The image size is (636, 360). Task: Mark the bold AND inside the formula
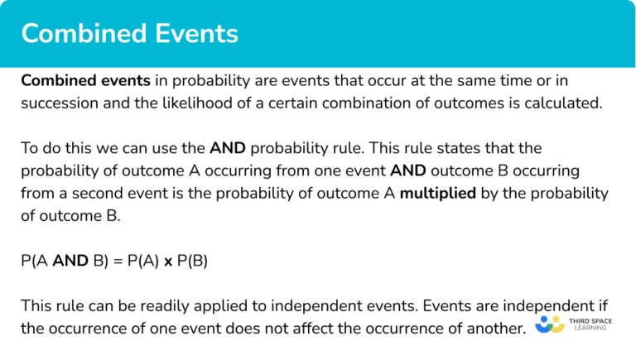click(72, 261)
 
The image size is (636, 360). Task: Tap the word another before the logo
click(493, 329)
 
